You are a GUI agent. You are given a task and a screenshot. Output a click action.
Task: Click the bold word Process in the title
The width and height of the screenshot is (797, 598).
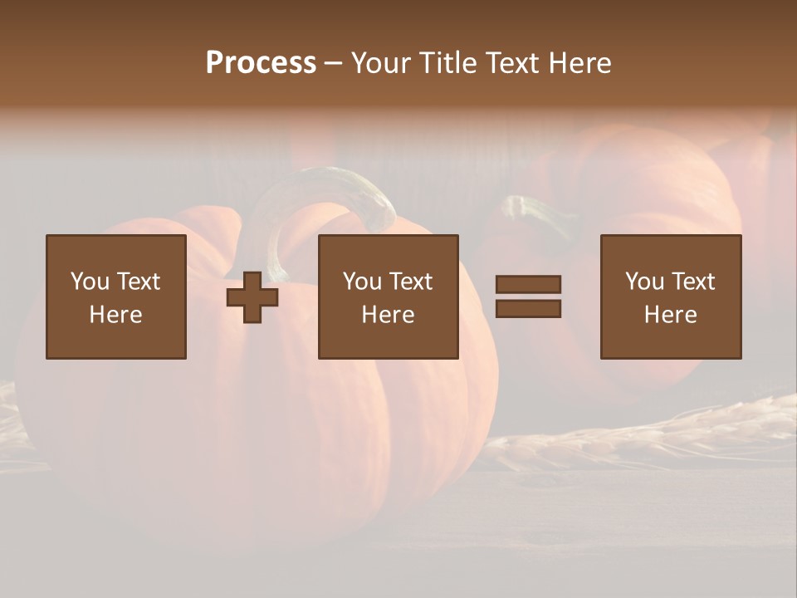pos(261,63)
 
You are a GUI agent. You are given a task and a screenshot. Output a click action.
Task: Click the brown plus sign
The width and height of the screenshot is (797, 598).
pos(252,297)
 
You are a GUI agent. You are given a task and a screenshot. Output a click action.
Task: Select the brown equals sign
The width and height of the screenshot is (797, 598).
pos(528,297)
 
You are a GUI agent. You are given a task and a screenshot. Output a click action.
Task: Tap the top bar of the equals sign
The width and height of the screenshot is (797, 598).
pos(528,285)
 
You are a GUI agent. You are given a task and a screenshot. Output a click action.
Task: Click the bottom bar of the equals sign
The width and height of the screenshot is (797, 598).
pos(528,308)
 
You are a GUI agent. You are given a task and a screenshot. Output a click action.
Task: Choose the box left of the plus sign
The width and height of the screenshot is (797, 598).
pos(116,297)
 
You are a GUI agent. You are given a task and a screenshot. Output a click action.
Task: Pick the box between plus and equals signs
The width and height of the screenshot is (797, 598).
pos(388,297)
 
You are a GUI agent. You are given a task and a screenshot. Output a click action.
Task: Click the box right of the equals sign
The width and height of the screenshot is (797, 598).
pos(671,297)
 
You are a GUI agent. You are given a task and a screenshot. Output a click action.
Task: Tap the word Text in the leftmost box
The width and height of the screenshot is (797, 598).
pos(138,282)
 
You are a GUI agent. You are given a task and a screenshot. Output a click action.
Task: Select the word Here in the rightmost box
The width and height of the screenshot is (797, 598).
pos(671,315)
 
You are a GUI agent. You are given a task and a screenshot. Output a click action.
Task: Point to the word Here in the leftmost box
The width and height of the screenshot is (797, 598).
pos(116,315)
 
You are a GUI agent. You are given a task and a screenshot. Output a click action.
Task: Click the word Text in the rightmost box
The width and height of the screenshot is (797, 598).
pos(692,282)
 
